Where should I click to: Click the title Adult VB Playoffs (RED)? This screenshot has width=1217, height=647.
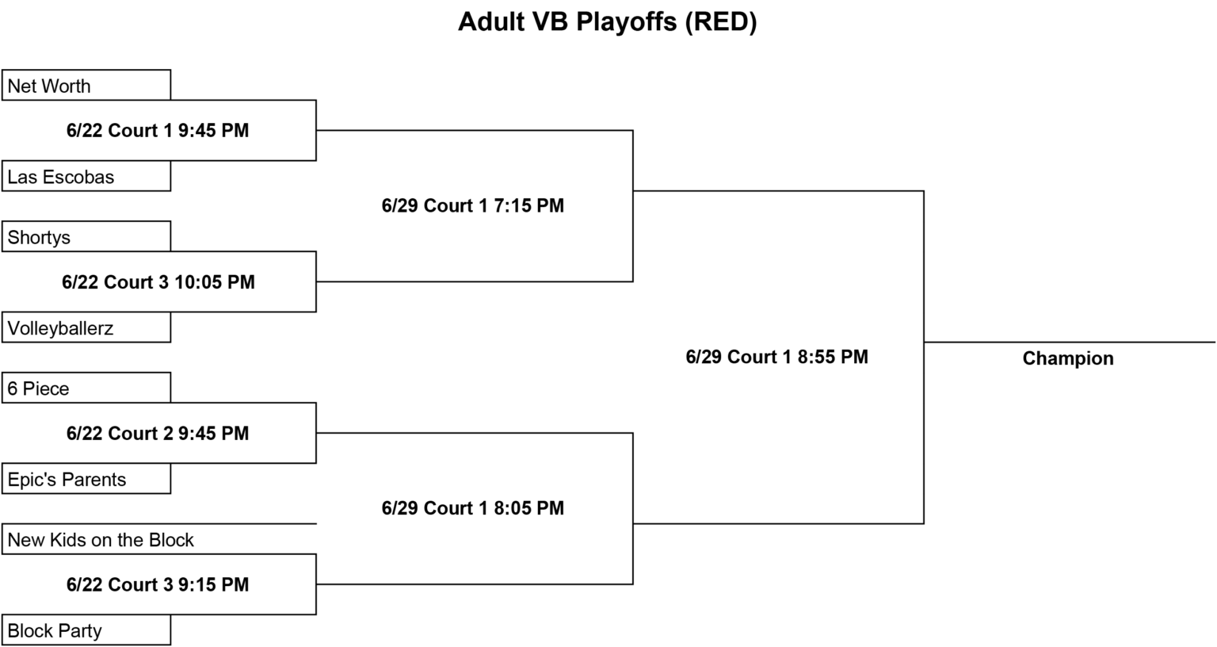click(608, 22)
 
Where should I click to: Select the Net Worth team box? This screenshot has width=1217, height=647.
click(86, 85)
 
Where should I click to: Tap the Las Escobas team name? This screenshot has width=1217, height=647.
click(61, 178)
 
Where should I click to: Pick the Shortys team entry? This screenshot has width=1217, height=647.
click(86, 236)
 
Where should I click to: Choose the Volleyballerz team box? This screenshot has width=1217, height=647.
click(86, 327)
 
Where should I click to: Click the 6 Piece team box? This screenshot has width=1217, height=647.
click(86, 388)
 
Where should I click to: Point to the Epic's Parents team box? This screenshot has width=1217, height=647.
click(86, 478)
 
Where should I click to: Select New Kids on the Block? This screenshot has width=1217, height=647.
click(101, 540)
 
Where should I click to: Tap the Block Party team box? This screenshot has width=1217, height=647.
click(86, 630)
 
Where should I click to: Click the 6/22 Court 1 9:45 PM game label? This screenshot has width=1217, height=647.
click(158, 131)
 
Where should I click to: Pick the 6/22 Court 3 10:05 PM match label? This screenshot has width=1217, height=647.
click(158, 282)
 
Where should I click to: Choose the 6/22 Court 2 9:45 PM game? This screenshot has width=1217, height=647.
click(158, 434)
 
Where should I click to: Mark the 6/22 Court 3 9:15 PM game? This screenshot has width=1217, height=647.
click(158, 584)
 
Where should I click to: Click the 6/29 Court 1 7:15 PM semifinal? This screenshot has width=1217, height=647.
click(473, 205)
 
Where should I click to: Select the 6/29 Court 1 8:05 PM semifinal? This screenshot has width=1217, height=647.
click(473, 508)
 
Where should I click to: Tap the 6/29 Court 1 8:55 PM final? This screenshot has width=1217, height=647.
click(777, 358)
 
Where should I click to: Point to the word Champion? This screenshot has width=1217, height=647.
click(1068, 359)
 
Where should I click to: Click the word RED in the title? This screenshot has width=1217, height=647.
click(721, 22)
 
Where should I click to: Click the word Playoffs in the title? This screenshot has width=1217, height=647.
click(627, 22)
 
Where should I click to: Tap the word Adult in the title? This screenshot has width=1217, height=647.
click(491, 21)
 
